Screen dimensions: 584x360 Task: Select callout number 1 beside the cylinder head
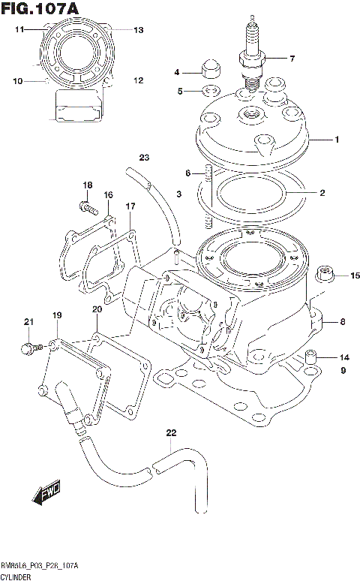pos(337,140)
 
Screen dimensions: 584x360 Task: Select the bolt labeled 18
pos(85,203)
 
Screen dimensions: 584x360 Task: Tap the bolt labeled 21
pos(30,348)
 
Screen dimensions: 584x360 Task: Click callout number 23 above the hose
pos(144,157)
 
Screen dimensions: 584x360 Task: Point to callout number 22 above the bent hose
pos(171,433)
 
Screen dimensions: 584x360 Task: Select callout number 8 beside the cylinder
pos(342,323)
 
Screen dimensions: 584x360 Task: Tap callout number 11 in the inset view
pos(20,29)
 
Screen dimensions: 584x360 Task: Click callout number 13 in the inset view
pos(138,30)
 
